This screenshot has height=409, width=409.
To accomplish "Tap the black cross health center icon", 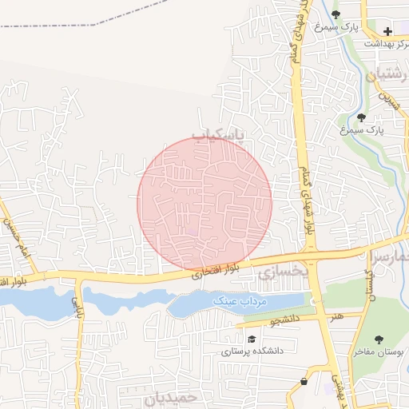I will [x=387, y=31].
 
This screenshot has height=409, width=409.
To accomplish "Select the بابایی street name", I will [x=77, y=305].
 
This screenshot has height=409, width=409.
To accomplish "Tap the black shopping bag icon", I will [x=304, y=383].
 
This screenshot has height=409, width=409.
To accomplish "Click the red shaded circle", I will [x=204, y=203].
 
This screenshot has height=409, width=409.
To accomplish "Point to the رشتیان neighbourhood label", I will [x=387, y=75].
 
